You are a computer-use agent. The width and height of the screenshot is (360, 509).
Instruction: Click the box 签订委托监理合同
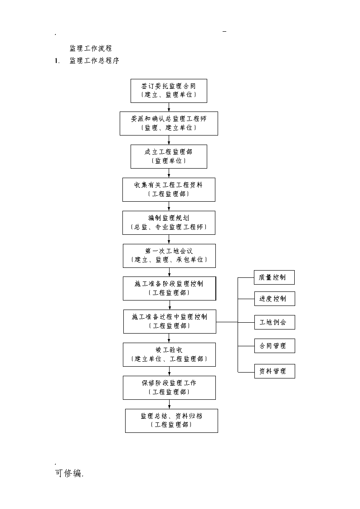[x=169, y=91]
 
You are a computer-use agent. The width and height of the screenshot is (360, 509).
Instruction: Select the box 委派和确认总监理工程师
[x=169, y=123]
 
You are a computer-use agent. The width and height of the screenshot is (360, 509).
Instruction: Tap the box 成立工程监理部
[x=169, y=156]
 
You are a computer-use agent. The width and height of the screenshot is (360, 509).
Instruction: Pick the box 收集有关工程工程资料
[x=169, y=189]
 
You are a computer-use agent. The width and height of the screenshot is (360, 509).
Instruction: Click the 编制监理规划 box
[x=169, y=223]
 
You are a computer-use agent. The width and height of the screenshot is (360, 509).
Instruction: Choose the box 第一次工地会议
[x=169, y=256]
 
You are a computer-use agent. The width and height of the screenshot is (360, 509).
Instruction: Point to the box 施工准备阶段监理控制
[x=170, y=289]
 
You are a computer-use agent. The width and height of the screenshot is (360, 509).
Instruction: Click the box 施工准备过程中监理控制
[x=170, y=321]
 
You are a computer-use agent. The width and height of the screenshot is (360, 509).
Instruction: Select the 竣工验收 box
[x=169, y=355]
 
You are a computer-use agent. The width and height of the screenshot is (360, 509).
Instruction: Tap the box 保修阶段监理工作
[x=169, y=388]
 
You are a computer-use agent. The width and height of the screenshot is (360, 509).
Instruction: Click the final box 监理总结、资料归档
[x=171, y=421]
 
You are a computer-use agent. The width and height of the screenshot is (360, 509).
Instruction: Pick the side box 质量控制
[x=274, y=277]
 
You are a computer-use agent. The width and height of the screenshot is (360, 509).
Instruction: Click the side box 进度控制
[x=275, y=299]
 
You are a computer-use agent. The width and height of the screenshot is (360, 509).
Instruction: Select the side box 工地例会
[x=275, y=322]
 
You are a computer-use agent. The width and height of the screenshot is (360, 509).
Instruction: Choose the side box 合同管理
[x=275, y=346]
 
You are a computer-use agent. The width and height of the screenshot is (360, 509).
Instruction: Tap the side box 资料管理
[x=275, y=371]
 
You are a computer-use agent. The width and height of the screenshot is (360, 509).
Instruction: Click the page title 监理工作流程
[x=91, y=48]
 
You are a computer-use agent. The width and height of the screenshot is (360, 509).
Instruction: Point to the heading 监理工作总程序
[x=94, y=61]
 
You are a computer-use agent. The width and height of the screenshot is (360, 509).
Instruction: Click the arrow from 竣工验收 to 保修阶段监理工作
[x=169, y=371]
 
